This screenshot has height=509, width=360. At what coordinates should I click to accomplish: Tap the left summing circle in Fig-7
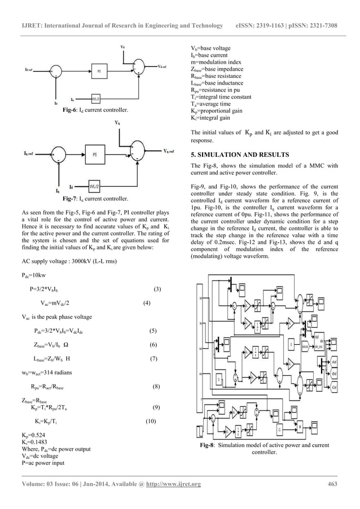58,153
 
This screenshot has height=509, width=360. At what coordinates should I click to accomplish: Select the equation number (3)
157,289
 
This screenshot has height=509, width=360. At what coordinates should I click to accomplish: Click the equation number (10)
151,421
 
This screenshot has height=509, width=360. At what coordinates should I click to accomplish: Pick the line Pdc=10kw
33,276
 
